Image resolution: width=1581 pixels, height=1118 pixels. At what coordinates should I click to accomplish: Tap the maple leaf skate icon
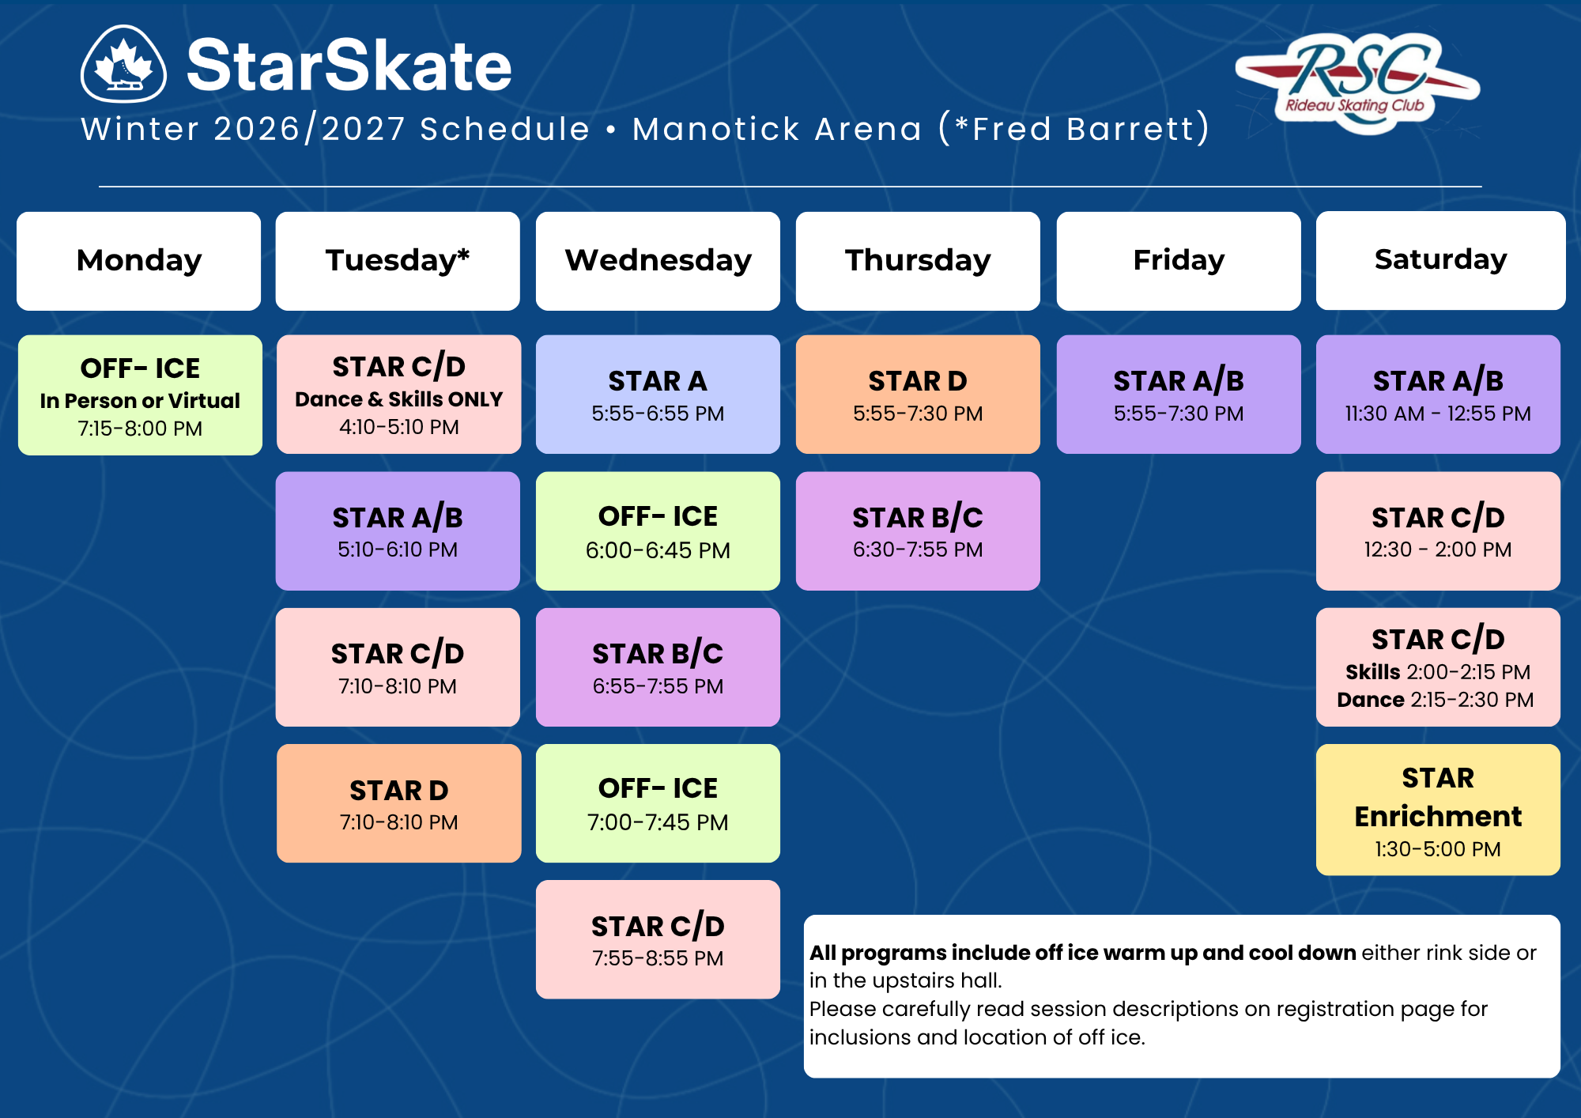tap(123, 64)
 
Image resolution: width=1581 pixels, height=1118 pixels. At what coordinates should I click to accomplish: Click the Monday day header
tap(139, 261)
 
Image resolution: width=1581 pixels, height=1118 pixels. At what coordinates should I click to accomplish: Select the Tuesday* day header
tap(398, 261)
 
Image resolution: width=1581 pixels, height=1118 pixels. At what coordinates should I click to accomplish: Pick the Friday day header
tap(1179, 261)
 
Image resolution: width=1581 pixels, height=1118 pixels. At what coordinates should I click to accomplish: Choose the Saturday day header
tap(1440, 260)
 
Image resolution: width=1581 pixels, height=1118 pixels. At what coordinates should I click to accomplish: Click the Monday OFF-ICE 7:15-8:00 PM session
tap(140, 395)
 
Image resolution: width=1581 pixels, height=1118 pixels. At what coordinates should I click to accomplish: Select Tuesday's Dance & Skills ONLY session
tap(399, 395)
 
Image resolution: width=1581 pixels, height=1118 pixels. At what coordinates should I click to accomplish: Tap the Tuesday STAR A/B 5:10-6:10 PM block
tap(398, 531)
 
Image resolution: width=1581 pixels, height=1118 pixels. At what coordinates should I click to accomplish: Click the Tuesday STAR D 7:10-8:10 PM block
tap(399, 803)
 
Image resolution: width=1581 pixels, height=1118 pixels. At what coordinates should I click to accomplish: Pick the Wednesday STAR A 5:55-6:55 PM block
tap(658, 395)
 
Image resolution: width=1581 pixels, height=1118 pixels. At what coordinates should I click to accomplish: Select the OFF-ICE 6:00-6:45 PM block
tap(658, 531)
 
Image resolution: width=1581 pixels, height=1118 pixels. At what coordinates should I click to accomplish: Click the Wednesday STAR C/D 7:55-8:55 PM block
tap(658, 939)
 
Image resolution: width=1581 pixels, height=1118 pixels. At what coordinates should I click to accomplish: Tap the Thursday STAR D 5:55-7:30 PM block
tap(918, 395)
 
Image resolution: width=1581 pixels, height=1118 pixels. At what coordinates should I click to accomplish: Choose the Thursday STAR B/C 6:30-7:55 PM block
tap(918, 531)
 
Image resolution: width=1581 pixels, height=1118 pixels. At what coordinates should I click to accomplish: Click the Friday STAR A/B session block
tap(1179, 395)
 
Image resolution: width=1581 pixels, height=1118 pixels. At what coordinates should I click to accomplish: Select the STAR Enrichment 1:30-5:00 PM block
tap(1438, 810)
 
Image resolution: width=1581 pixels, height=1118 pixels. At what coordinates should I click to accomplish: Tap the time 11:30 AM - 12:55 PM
tap(1438, 414)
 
